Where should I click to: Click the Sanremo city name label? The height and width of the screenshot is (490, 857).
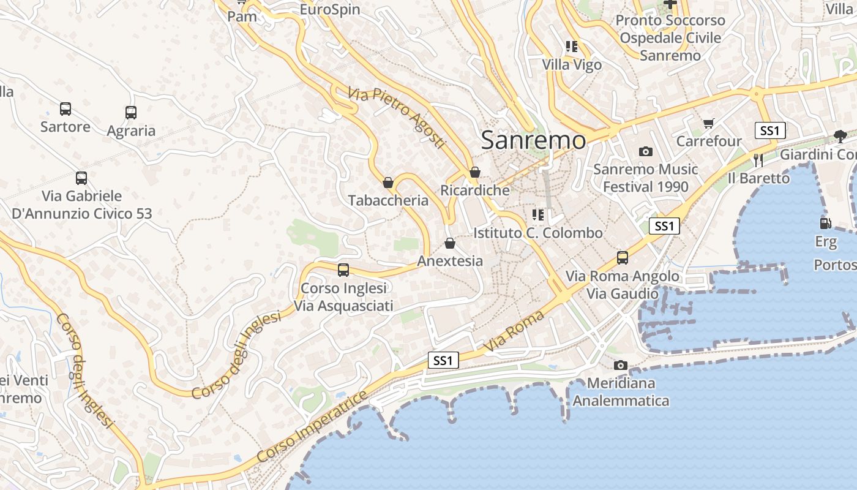pyautogui.click(x=533, y=140)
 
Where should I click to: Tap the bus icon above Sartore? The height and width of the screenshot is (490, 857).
pyautogui.click(x=65, y=109)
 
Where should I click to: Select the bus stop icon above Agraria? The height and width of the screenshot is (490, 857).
pyautogui.click(x=130, y=113)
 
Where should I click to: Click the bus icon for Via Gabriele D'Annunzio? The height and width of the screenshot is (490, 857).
pyautogui.click(x=81, y=178)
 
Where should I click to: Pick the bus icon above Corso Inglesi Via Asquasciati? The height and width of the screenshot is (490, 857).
pyautogui.click(x=343, y=269)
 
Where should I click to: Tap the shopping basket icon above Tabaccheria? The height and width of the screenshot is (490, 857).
pyautogui.click(x=387, y=183)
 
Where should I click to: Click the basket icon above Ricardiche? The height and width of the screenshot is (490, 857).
pyautogui.click(x=474, y=172)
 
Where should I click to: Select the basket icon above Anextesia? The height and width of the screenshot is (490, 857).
pyautogui.click(x=450, y=243)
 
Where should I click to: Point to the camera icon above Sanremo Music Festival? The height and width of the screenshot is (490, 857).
pyautogui.click(x=645, y=151)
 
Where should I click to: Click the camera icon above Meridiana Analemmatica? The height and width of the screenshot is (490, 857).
pyautogui.click(x=621, y=365)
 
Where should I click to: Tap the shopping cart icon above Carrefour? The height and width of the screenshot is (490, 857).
pyautogui.click(x=709, y=124)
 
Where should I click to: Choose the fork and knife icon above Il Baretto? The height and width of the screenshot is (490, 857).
pyautogui.click(x=758, y=160)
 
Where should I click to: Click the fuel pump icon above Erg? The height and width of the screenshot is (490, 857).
pyautogui.click(x=825, y=224)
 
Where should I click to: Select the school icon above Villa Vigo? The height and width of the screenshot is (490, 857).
pyautogui.click(x=572, y=47)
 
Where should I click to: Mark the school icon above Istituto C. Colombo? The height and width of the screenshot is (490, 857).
pyautogui.click(x=538, y=215)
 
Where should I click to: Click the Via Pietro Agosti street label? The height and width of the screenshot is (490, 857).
pyautogui.click(x=395, y=117)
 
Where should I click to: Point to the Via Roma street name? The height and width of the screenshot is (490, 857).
pyautogui.click(x=514, y=331)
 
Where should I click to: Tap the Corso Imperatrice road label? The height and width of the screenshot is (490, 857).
pyautogui.click(x=312, y=426)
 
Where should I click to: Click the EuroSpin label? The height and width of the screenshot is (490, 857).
pyautogui.click(x=330, y=10)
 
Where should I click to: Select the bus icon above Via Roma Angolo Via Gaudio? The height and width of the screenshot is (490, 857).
pyautogui.click(x=623, y=257)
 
